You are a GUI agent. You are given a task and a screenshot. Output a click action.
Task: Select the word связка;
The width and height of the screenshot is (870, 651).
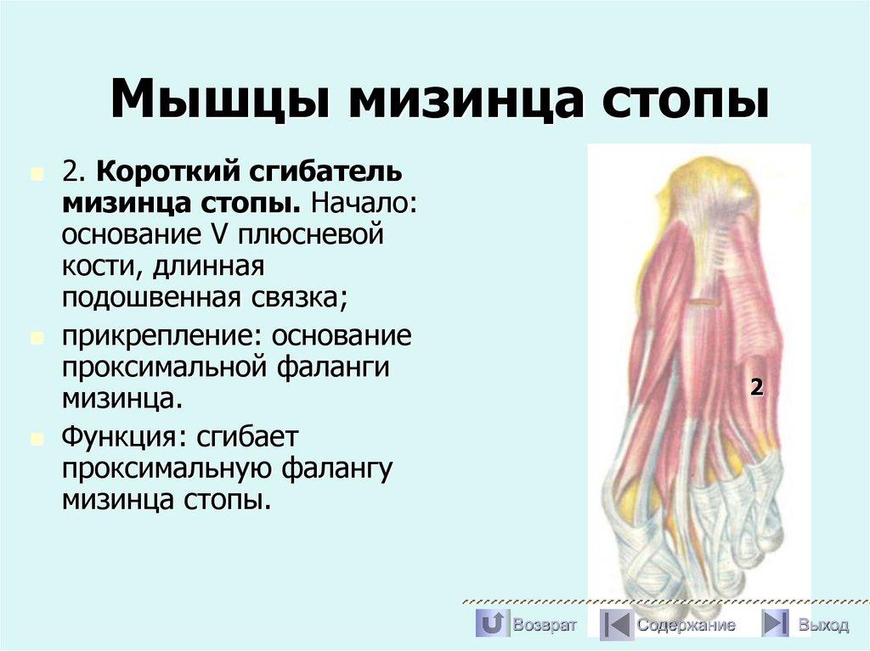pos(299,296)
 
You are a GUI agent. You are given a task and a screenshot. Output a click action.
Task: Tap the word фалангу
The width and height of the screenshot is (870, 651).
pos(338,468)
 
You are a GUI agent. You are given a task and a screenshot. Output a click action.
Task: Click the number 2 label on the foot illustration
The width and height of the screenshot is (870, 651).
pos(756,388)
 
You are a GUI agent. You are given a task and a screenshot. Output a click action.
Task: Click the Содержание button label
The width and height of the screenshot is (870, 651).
pos(686,626)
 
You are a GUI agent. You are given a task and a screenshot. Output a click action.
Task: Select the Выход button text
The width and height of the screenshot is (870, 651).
pos(822,626)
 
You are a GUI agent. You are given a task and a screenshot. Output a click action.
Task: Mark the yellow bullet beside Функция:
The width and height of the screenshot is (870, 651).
pos(36,439)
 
